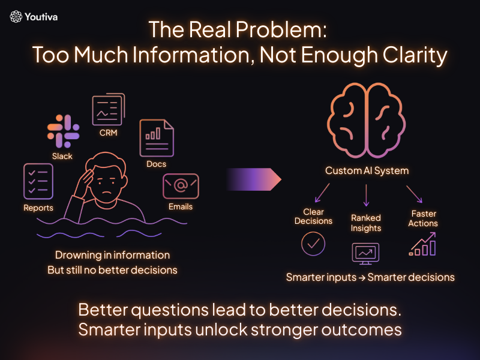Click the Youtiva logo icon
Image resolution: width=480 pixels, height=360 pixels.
pyautogui.click(x=16, y=17)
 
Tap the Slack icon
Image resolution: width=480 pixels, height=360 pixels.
pyautogui.click(x=63, y=132)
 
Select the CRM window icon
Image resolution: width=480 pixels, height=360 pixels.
pyautogui.click(x=107, y=110)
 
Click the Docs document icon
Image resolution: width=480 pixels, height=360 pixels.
pyautogui.click(x=156, y=138)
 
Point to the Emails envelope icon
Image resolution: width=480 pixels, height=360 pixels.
pyautogui.click(x=181, y=186)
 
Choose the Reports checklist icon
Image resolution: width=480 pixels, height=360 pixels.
pyautogui.click(x=38, y=181)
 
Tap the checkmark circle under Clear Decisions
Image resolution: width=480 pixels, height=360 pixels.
pyautogui.click(x=313, y=244)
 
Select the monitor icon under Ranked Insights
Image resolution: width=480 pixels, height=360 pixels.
pyautogui.click(x=365, y=253)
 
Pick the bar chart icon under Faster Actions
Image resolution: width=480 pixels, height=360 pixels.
pyautogui.click(x=423, y=245)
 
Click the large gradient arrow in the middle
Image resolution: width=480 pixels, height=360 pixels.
pyautogui.click(x=254, y=178)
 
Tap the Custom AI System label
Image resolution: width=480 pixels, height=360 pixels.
pyautogui.click(x=367, y=170)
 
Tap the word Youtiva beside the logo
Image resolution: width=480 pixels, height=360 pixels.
pyautogui.click(x=42, y=17)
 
